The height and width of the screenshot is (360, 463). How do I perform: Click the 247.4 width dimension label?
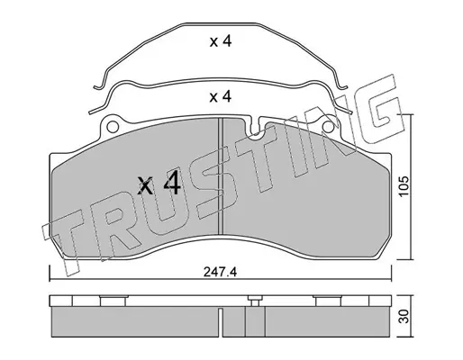point(220,272)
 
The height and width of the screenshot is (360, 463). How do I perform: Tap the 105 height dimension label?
point(404,186)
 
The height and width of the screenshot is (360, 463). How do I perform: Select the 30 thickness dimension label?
point(404,317)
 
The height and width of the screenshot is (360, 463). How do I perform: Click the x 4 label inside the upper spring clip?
point(221,41)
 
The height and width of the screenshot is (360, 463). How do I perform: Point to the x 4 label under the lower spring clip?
point(221,97)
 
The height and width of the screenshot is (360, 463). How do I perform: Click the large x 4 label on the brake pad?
point(159,184)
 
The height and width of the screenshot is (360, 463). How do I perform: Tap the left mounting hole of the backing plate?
point(112,127)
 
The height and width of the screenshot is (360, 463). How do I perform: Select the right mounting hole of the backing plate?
point(328,127)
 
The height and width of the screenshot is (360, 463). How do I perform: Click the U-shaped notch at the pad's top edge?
point(255,128)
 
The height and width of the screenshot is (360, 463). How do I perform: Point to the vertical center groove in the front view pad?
point(221,176)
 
